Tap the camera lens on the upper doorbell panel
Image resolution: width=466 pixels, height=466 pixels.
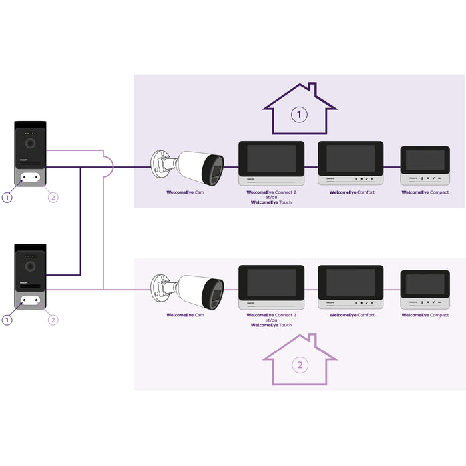point(30,142)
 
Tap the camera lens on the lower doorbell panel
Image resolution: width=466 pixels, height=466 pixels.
point(30,266)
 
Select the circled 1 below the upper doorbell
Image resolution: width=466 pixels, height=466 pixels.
point(7,197)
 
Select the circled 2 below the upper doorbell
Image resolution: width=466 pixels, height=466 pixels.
point(53,197)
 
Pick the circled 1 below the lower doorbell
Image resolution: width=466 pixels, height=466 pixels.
point(7,320)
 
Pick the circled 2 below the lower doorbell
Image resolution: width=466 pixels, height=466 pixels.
point(53,320)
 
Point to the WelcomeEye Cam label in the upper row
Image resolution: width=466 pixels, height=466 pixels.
point(185,192)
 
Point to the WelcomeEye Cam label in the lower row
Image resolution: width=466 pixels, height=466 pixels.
point(185,315)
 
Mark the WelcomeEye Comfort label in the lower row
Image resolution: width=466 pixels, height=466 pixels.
point(351,315)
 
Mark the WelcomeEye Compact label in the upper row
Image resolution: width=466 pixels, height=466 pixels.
point(425,192)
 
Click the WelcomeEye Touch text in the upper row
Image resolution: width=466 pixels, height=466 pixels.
point(271,202)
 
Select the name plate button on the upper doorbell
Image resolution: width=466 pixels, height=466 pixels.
point(30,177)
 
